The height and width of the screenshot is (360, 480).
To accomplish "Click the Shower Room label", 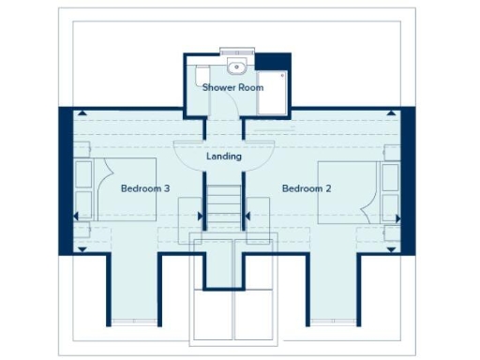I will click(x=233, y=87).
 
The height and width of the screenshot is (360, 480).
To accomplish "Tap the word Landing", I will click(x=224, y=157).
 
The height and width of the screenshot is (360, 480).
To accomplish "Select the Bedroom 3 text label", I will click(x=145, y=188).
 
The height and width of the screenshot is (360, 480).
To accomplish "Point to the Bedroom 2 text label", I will click(x=307, y=188).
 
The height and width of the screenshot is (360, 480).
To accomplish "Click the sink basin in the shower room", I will click(x=236, y=66).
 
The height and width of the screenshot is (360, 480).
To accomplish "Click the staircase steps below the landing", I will click(x=224, y=204).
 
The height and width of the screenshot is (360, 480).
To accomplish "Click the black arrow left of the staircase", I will click(x=200, y=216).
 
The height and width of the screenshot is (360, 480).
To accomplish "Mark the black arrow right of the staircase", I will click(x=249, y=216).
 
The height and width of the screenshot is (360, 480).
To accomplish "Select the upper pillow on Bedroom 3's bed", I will click(x=82, y=173).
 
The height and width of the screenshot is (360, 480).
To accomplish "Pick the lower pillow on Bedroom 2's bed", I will click(x=390, y=205).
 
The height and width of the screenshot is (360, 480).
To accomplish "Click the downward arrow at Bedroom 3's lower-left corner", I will click(x=83, y=249).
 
